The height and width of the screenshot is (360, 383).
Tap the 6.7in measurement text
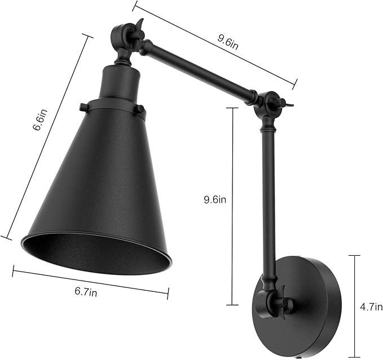86,291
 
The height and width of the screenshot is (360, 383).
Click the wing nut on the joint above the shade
137,25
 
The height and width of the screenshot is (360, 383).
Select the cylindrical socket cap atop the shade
119,82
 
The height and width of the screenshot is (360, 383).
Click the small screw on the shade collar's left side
83,106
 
